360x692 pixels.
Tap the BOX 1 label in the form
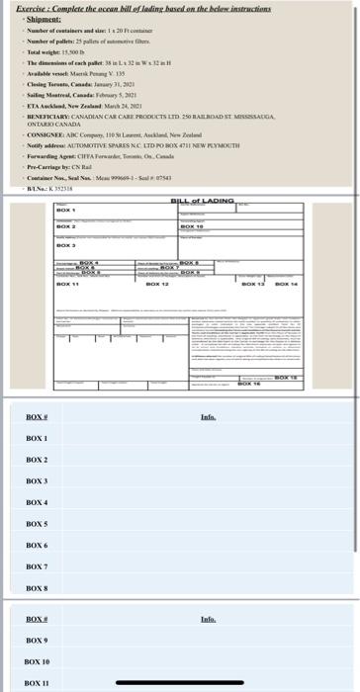(65, 210)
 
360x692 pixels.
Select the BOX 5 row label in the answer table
(37, 524)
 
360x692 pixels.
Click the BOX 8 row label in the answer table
(37, 588)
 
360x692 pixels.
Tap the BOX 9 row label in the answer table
(37, 640)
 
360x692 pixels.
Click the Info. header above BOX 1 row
(208, 417)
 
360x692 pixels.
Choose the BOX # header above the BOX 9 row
(37, 619)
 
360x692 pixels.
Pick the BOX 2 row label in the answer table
(37, 460)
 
